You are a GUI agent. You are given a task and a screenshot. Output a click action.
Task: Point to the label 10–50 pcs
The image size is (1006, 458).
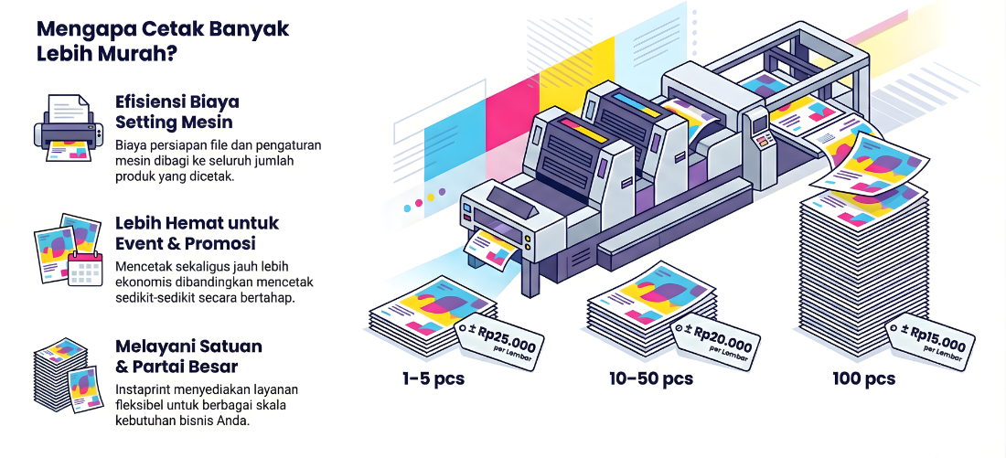pyautogui.click(x=650, y=378)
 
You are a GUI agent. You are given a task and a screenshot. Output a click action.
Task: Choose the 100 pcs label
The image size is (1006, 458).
pyautogui.click(x=863, y=378)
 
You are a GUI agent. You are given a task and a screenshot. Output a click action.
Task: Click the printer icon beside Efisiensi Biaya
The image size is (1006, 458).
pyautogui.click(x=67, y=129)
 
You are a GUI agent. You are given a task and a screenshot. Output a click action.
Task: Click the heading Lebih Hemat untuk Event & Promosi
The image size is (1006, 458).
pyautogui.click(x=197, y=233)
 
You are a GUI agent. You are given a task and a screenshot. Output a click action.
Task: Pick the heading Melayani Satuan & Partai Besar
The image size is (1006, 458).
pyautogui.click(x=188, y=357)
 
